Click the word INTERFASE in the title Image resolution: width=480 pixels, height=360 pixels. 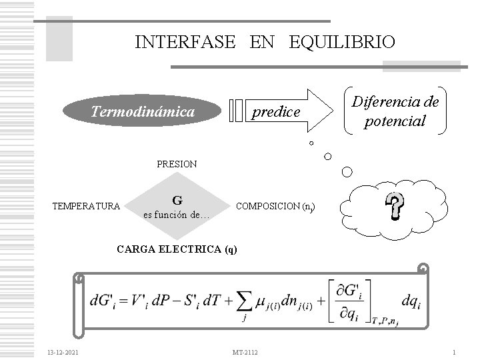tap(185, 43)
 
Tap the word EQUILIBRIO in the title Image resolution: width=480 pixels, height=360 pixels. tap(342, 43)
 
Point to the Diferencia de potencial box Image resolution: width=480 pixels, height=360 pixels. tap(395, 112)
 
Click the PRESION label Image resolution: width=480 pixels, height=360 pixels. tap(176, 163)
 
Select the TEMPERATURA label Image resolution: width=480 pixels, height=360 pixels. tap(87, 205)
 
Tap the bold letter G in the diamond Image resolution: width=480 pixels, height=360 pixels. tap(177, 200)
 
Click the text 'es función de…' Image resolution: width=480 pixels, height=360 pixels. tap(177, 215)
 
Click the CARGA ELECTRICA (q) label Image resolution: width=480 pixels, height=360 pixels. tap(176, 249)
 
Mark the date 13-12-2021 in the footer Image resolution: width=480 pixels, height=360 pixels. tap(62, 351)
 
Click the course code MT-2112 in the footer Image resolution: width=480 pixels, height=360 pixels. tap(246, 351)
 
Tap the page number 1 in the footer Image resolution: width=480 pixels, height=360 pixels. tap(453, 351)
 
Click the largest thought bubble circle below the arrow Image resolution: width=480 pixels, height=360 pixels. tap(347, 172)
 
